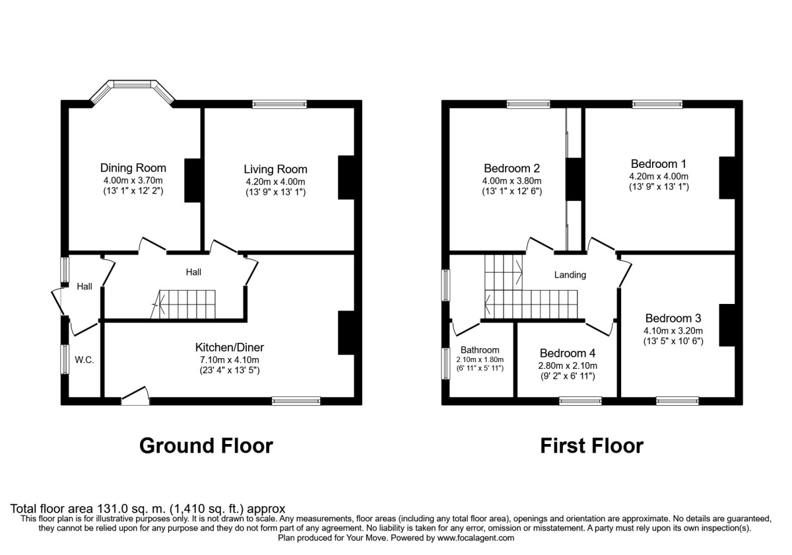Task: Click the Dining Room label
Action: point(133,167)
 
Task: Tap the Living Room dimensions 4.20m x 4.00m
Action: point(275,182)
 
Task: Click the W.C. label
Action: point(84,360)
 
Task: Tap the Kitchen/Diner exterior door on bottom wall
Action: point(135,396)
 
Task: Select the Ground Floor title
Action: point(206,446)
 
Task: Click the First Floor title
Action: point(591,446)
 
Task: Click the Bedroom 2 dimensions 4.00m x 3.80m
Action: point(511,181)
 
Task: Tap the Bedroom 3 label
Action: point(673,317)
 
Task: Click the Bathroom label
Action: point(480,350)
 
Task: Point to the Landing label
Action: point(570,275)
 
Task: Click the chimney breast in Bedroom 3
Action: point(727,324)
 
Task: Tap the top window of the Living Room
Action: point(279,104)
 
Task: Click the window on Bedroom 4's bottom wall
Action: point(580,400)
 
